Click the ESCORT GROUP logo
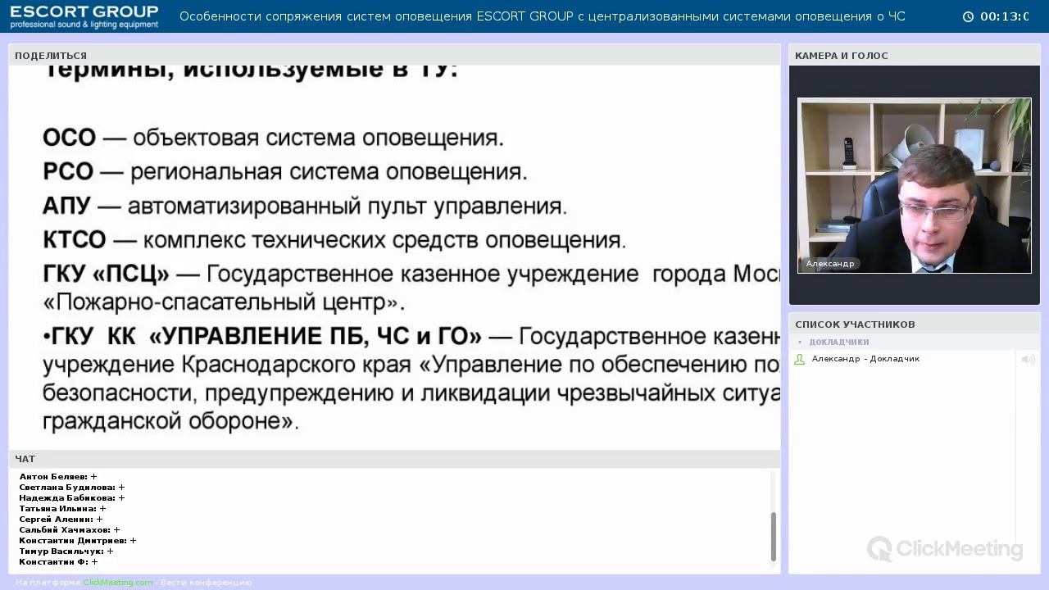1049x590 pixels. pos(84,16)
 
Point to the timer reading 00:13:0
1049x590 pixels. pos(1005,16)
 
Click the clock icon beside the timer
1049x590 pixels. pos(968,16)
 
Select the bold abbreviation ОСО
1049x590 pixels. pos(69,138)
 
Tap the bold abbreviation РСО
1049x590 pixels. pos(68,172)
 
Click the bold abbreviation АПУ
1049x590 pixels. pos(66,206)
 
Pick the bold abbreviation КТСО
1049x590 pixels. pos(75,240)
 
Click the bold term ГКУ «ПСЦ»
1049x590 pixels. pos(106,274)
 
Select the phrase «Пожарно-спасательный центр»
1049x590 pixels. pos(224,303)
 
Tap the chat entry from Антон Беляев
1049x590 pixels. pos(57,476)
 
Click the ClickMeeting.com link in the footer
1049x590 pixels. pos(117,583)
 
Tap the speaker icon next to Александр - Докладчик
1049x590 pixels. pos(1028,359)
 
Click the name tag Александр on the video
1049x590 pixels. pos(829,264)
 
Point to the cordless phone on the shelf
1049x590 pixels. pos(848,153)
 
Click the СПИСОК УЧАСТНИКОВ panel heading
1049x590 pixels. pos(855,324)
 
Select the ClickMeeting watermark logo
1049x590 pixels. pos(945,548)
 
